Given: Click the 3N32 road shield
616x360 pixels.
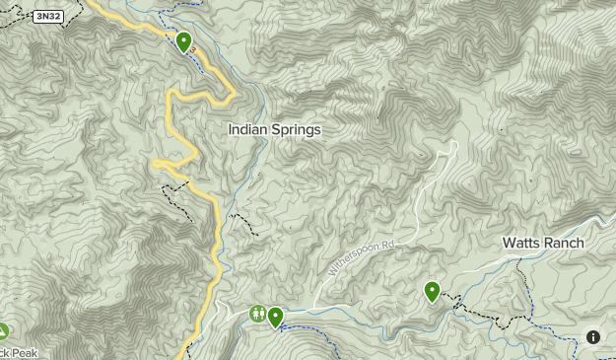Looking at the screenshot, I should pos(45,17).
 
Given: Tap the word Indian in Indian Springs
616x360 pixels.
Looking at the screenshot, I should pos(249,129).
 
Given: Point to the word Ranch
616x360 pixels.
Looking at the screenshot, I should pos(564,243).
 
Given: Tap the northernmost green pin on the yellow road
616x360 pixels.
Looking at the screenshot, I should pos(183,41).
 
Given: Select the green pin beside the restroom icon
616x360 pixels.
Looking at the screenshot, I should pos(275,317).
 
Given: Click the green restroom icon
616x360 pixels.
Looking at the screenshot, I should pos(257,315).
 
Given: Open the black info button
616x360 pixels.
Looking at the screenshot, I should pos(593,336).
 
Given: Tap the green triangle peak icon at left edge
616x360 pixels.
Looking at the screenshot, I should pos(3,330).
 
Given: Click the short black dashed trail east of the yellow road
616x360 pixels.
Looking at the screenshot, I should pos(242,223).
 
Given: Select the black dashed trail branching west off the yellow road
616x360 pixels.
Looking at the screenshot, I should pos(175,193).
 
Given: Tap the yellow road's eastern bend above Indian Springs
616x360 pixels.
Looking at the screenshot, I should pos(233,95).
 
